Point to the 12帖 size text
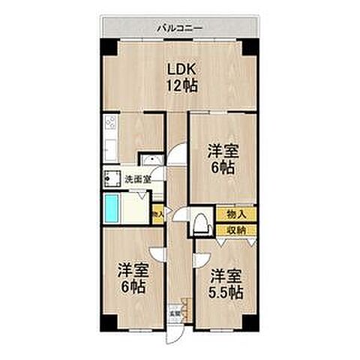pyautogui.click(x=181, y=85)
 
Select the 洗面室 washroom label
pyautogui.click(x=137, y=179)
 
